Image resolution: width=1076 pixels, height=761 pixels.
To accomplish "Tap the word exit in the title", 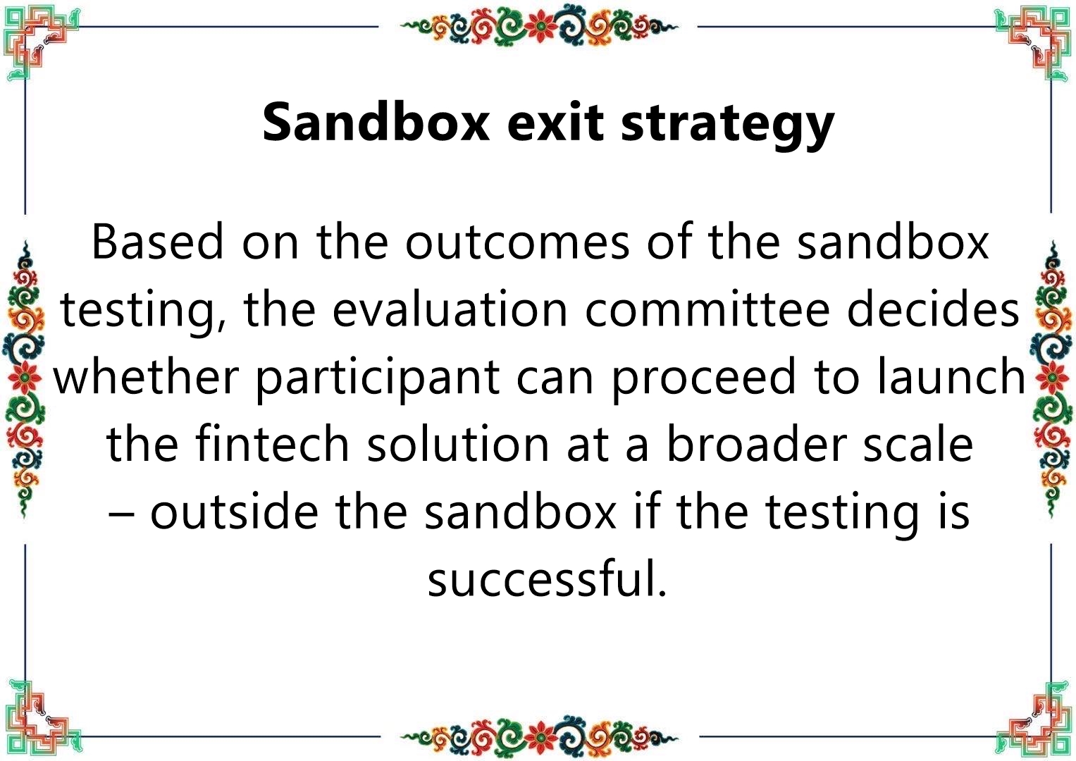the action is point(555,123).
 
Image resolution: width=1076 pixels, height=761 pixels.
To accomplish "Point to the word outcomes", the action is point(517,243).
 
